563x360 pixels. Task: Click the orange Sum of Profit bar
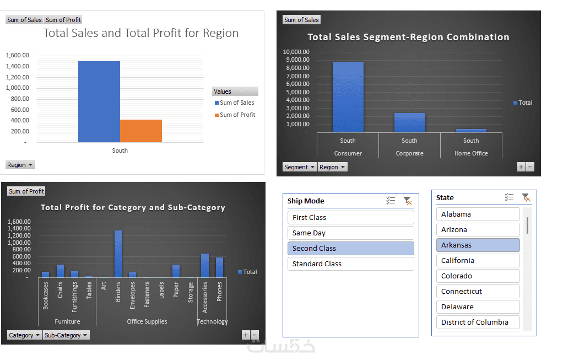point(141,131)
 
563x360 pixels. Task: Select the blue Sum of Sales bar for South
point(99,101)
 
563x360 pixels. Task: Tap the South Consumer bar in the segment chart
point(348,97)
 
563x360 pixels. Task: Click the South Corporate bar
point(410,122)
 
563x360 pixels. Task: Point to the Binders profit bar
point(118,254)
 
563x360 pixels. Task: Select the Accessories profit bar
point(205,266)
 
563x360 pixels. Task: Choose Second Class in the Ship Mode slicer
point(350,248)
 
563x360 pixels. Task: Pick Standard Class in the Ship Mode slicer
point(350,264)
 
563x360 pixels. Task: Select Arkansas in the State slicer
point(478,245)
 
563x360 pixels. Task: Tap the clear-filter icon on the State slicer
point(526,197)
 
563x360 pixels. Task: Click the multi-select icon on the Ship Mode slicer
point(391,201)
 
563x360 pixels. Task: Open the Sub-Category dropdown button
point(66,335)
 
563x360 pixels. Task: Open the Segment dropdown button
point(300,167)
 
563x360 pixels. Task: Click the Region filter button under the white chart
point(20,165)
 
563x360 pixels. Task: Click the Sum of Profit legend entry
point(235,115)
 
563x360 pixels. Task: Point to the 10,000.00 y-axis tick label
point(296,52)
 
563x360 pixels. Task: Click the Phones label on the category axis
point(219,292)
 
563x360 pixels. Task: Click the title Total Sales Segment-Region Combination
point(408,37)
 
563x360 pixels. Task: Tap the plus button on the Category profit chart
point(246,335)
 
